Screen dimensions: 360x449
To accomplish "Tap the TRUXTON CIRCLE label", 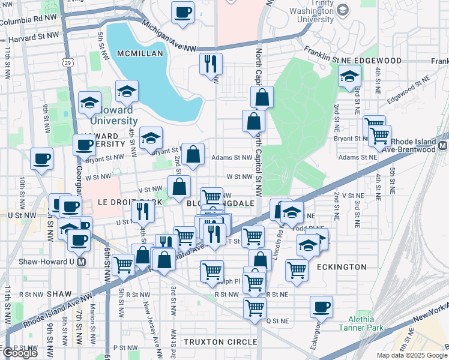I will [x=216, y=342].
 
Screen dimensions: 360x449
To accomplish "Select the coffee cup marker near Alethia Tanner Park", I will [x=321, y=307].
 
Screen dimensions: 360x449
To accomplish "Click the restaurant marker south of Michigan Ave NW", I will [x=211, y=63].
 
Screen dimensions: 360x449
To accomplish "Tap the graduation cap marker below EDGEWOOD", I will [x=349, y=76].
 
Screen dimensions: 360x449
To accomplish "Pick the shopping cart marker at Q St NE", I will [x=255, y=308].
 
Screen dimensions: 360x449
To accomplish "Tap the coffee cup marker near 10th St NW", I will [x=41, y=159].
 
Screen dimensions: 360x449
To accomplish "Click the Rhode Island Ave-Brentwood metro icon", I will [x=443, y=146].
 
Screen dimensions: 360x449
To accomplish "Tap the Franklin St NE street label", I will [x=328, y=55].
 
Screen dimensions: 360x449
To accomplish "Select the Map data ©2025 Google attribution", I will [x=412, y=355].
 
